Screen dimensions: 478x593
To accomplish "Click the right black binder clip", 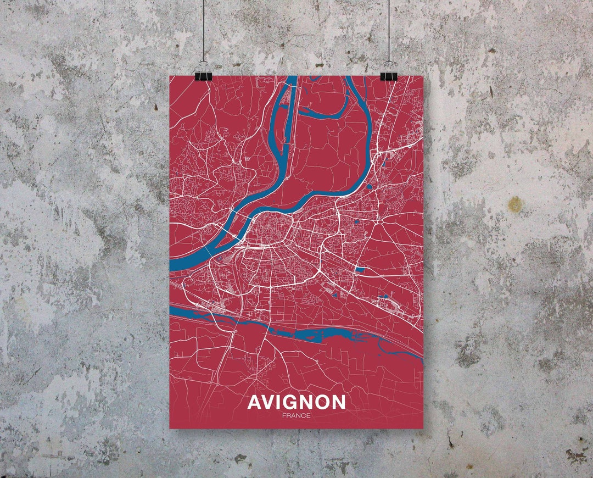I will click(389, 75).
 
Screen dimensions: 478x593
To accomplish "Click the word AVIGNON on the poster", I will click(296, 402).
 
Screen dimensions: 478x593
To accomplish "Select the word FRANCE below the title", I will click(296, 415).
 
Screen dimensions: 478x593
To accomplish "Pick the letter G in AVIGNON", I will click(288, 402).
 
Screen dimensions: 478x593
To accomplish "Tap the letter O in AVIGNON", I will click(322, 402).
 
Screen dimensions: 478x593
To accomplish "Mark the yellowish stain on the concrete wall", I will click(515, 204).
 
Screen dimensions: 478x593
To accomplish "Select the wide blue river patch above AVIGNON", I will click(318, 334).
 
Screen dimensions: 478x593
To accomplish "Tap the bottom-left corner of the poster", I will click(170, 428).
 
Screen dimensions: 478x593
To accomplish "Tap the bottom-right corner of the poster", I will click(423, 428).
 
